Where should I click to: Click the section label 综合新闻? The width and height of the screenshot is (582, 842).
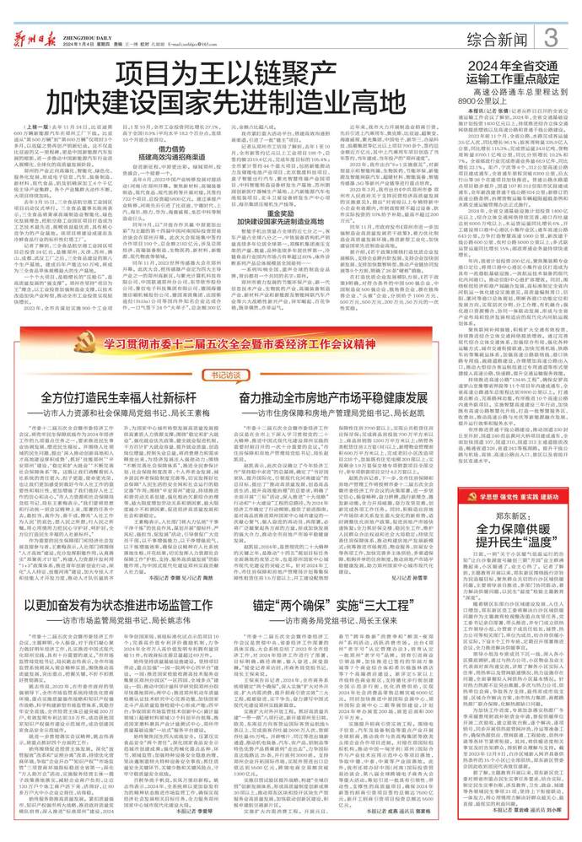[x=498, y=37]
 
